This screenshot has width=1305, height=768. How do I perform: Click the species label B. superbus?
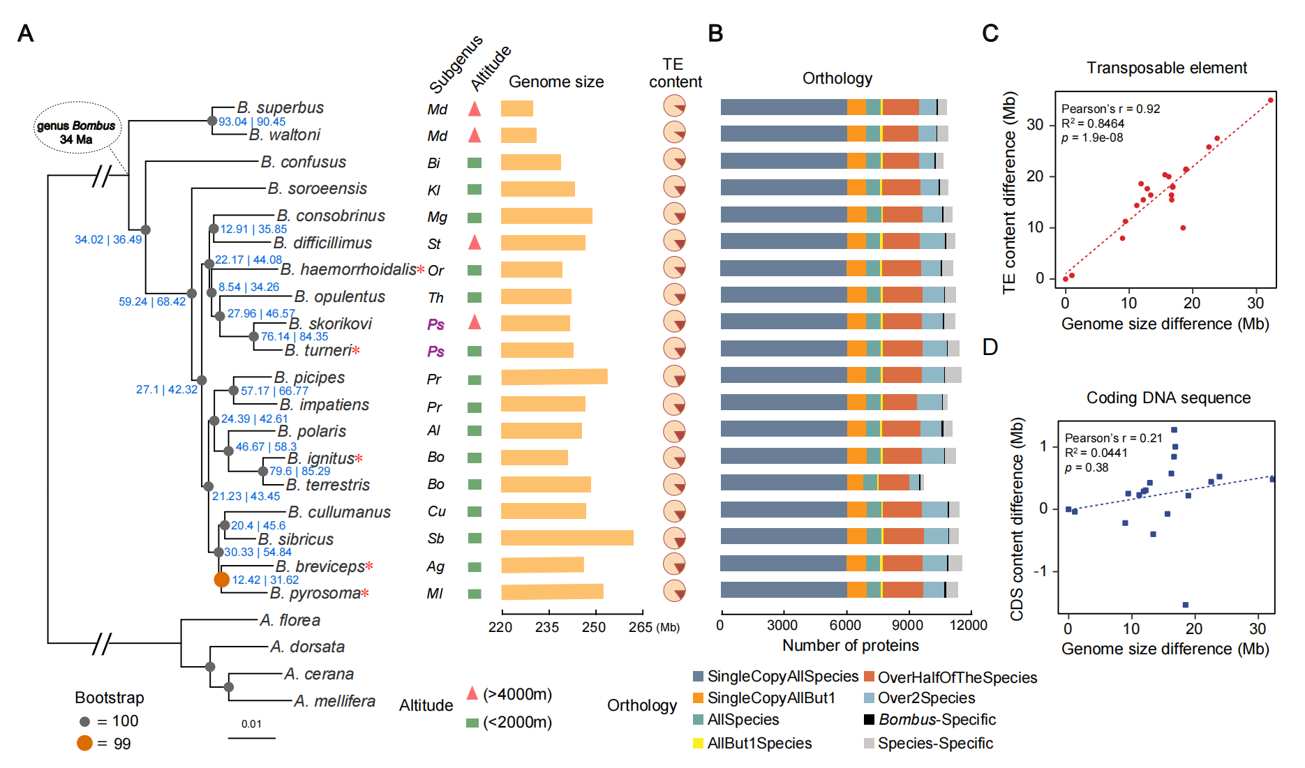click(x=280, y=107)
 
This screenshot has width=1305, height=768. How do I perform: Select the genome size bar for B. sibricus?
click(x=567, y=538)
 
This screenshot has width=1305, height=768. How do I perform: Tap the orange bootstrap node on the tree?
click(x=221, y=579)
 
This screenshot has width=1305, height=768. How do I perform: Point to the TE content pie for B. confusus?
click(x=674, y=159)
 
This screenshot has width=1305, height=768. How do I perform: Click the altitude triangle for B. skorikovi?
click(x=475, y=322)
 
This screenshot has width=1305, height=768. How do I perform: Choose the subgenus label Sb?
click(x=435, y=539)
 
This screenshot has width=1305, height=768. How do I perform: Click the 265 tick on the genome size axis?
click(x=640, y=626)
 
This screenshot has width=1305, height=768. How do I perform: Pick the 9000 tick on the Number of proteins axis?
click(x=907, y=625)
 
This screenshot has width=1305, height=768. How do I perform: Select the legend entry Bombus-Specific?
click(x=937, y=719)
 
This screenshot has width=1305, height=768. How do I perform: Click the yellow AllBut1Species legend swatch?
click(x=698, y=743)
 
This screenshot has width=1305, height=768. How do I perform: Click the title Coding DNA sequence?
click(x=1168, y=398)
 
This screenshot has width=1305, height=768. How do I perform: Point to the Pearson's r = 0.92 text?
click(x=1110, y=109)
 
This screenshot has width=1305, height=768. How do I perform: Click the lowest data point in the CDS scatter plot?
click(x=1185, y=605)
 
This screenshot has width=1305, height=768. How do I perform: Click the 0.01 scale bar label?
click(x=251, y=724)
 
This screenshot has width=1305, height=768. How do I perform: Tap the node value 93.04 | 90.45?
click(x=252, y=121)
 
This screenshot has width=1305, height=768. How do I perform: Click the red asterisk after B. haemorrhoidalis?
click(x=421, y=269)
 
